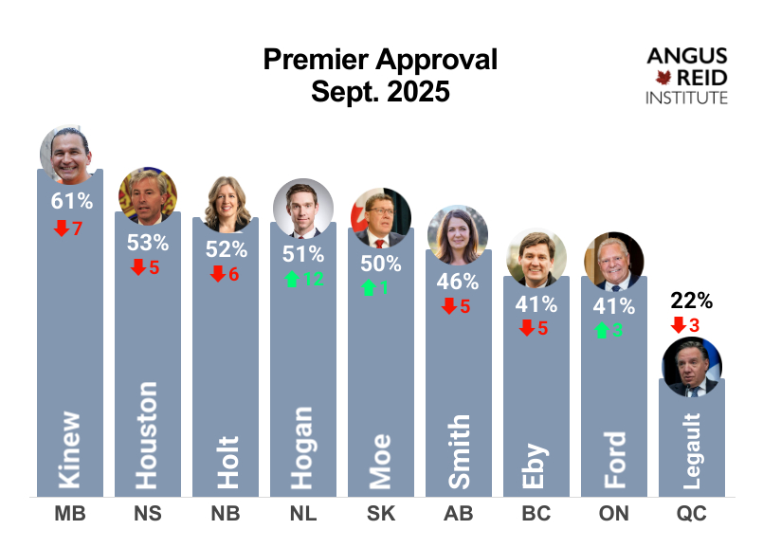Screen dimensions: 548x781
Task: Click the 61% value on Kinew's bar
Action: coord(72,201)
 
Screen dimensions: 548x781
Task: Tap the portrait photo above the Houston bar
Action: coord(148,195)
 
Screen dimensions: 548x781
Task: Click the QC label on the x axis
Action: coord(692,515)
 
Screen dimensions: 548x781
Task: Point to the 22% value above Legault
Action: coord(692,301)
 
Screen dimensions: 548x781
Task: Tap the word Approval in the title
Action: coord(437,61)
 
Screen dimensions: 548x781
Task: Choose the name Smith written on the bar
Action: coord(459,451)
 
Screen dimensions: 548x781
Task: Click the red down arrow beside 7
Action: coord(62,228)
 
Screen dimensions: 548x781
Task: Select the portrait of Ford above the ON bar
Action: coord(613,260)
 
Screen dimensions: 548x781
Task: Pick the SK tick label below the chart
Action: coord(381,515)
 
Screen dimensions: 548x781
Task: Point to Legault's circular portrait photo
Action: coord(692,366)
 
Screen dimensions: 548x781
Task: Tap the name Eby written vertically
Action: coord(536,465)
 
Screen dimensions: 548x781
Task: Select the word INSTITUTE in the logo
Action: coord(686,98)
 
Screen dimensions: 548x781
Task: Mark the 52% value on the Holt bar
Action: coord(227,249)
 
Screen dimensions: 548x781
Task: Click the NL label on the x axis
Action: coord(303,515)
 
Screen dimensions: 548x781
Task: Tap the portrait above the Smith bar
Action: coord(459,233)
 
